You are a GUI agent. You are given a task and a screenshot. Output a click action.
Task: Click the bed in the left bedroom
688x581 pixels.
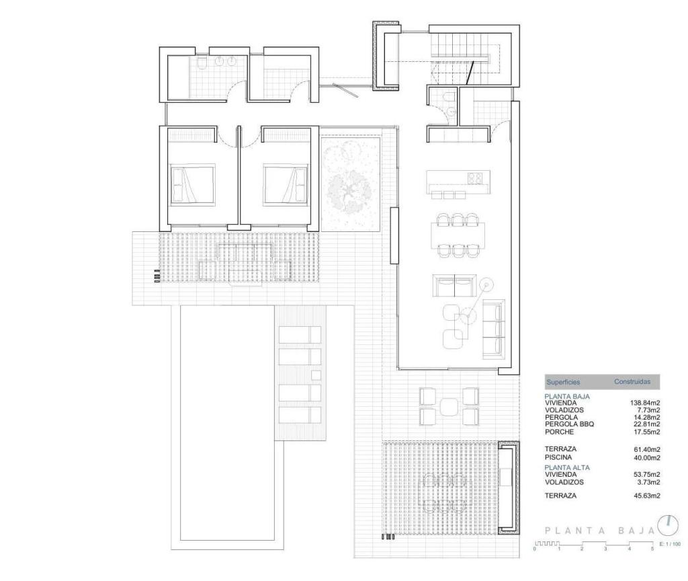click(x=191, y=184)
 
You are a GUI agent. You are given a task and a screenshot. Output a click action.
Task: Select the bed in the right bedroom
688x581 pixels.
click(x=286, y=184)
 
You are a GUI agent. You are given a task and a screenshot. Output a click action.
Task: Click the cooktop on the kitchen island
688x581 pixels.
click(x=475, y=178)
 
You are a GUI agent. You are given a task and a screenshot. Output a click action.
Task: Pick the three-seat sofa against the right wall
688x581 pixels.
click(x=493, y=328)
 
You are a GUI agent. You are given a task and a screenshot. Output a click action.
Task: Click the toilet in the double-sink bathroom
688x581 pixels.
click(x=201, y=64)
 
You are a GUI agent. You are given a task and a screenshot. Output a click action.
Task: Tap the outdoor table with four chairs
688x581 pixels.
click(x=449, y=406)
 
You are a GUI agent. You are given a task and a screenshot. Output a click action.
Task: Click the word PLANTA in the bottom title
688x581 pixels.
click(x=571, y=531)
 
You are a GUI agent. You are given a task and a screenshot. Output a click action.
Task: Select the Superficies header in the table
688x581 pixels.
click(x=563, y=382)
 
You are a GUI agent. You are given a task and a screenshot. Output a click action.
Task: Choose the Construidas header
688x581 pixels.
click(x=632, y=381)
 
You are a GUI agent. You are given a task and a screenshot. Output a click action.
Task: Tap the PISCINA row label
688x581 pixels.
click(x=558, y=457)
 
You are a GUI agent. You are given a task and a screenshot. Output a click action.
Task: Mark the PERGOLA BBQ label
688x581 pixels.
click(x=569, y=424)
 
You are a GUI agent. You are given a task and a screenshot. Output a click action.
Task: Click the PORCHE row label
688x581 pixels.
click(x=560, y=432)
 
